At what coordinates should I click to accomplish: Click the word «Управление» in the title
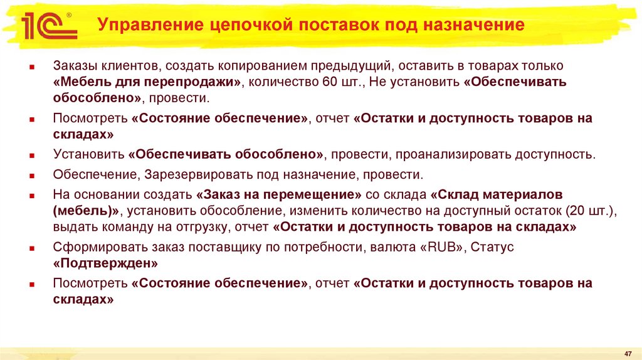pyautogui.click(x=145, y=26)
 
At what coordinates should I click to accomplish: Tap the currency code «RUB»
pyautogui.click(x=443, y=247)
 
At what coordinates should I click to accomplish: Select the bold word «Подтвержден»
pyautogui.click(x=105, y=263)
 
